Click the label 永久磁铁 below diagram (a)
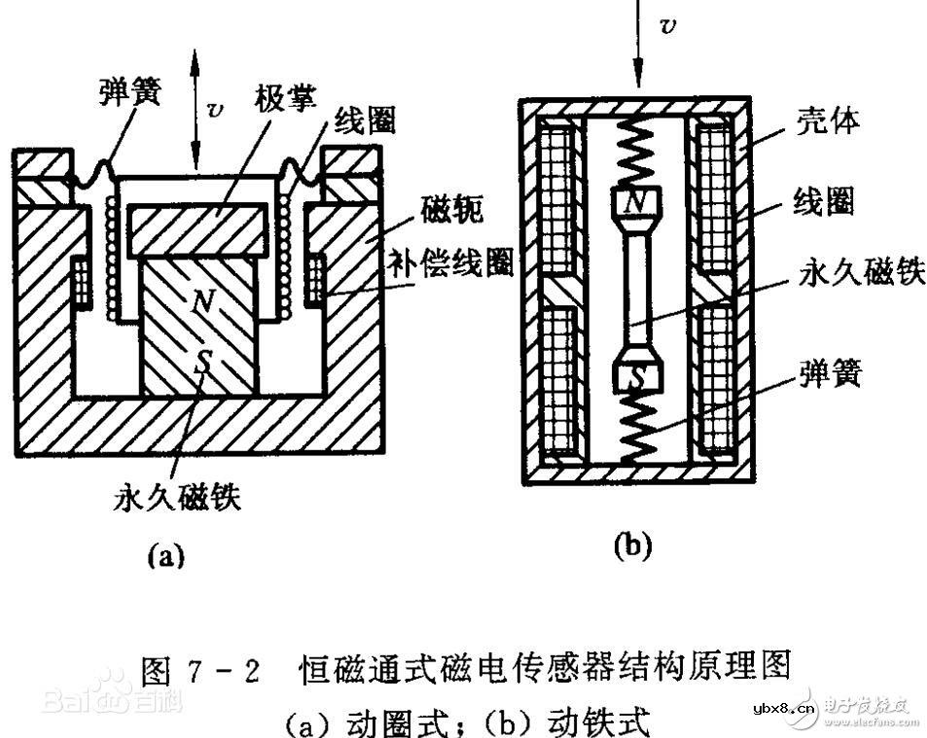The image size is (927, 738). point(176,498)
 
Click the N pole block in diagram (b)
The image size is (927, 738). point(636,203)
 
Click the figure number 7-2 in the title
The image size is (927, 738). point(230,670)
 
